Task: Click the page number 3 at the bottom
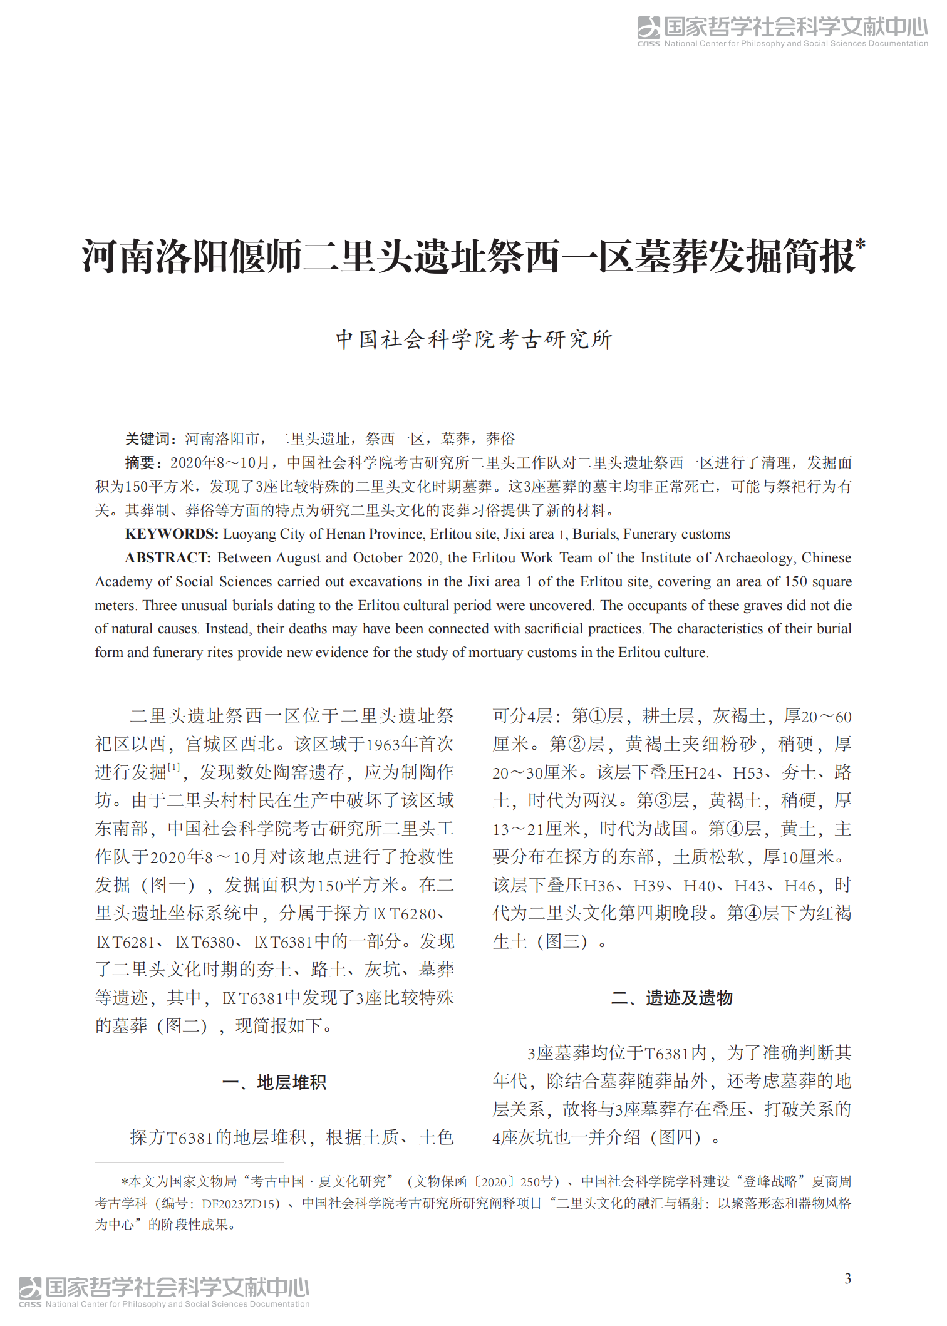(847, 1278)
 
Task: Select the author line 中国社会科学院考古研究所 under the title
(474, 339)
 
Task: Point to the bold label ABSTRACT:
(168, 558)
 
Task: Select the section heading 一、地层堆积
(274, 1082)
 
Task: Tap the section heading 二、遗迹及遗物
(672, 998)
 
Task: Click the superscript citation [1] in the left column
(174, 767)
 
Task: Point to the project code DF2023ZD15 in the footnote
(241, 1203)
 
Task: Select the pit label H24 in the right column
(701, 773)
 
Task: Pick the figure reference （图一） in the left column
(168, 885)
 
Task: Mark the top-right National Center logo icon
(649, 28)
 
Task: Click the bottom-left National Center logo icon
(30, 1288)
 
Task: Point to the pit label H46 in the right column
(800, 886)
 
